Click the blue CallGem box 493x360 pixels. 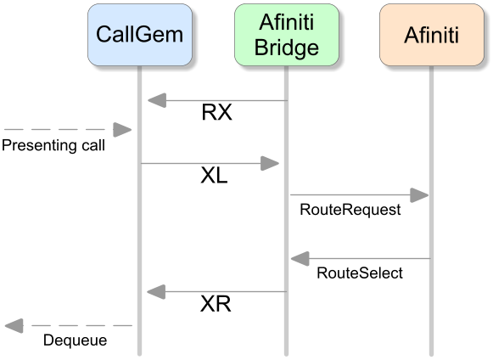[140, 35]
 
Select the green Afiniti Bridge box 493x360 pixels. [287, 35]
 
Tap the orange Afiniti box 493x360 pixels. [432, 35]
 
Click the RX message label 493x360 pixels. [216, 112]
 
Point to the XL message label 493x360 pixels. [214, 175]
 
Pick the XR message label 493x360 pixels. [216, 304]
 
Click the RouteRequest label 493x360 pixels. [350, 210]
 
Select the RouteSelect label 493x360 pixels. [360, 273]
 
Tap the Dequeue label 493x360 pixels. [76, 340]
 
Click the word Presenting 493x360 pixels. [39, 146]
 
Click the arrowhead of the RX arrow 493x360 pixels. [157, 100]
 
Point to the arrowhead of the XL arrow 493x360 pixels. [270, 163]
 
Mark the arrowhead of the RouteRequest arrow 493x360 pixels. [419, 195]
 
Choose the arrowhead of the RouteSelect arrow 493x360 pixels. [300, 259]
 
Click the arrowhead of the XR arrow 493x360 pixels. [156, 292]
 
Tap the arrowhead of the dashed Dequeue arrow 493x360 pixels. [14, 326]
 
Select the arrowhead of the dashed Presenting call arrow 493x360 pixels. [122, 130]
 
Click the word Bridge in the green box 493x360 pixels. [287, 48]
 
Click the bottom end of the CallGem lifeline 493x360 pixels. [140, 355]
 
